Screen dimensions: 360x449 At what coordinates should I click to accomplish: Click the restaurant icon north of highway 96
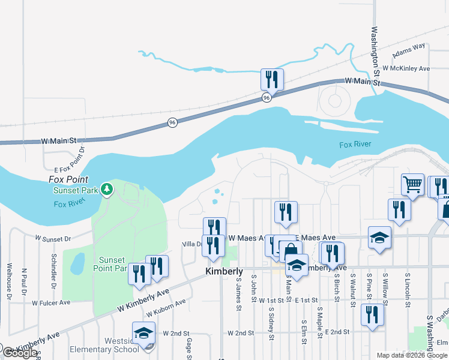click(272, 79)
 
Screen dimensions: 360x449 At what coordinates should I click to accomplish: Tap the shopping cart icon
click(412, 184)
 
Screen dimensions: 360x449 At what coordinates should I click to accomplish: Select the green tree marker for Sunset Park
click(107, 190)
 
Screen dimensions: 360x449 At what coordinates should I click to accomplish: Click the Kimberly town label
click(224, 272)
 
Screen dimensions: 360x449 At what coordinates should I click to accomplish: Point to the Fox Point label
click(68, 179)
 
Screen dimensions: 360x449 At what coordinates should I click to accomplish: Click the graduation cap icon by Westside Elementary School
click(143, 332)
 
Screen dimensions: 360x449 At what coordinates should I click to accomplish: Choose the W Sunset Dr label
click(53, 239)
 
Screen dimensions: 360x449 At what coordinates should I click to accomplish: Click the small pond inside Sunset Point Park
click(77, 262)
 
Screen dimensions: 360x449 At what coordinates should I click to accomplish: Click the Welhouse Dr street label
click(9, 281)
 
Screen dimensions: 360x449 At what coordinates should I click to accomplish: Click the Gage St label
click(188, 346)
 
